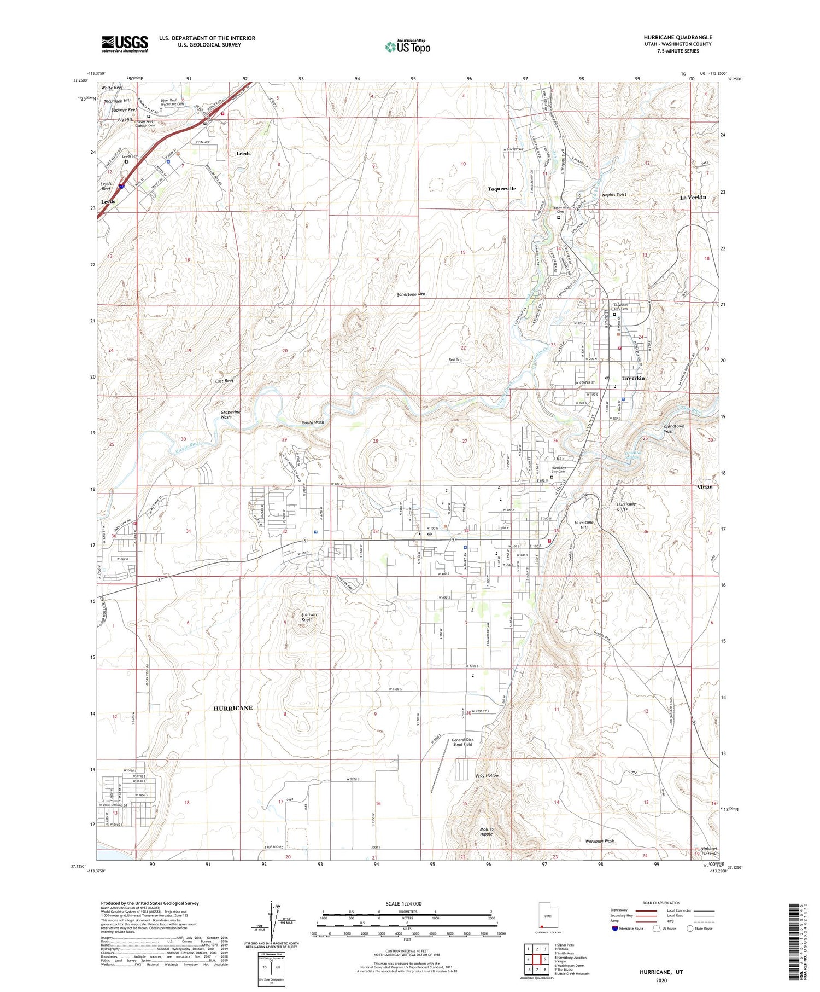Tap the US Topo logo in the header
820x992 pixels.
tap(407, 47)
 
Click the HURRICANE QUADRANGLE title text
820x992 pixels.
tap(677, 37)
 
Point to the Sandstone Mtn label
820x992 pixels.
tap(411, 294)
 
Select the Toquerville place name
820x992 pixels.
tap(501, 189)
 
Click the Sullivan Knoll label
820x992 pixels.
tap(309, 617)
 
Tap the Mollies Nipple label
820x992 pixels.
tap(487, 832)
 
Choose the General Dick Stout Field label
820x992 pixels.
tap(462, 742)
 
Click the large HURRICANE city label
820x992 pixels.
tap(233, 708)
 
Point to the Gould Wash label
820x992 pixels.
tap(313, 422)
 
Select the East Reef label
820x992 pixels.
tap(224, 381)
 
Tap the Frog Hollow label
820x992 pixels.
tap(487, 775)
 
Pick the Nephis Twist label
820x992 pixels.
tap(614, 195)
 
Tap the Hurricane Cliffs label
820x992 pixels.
tap(626, 506)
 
